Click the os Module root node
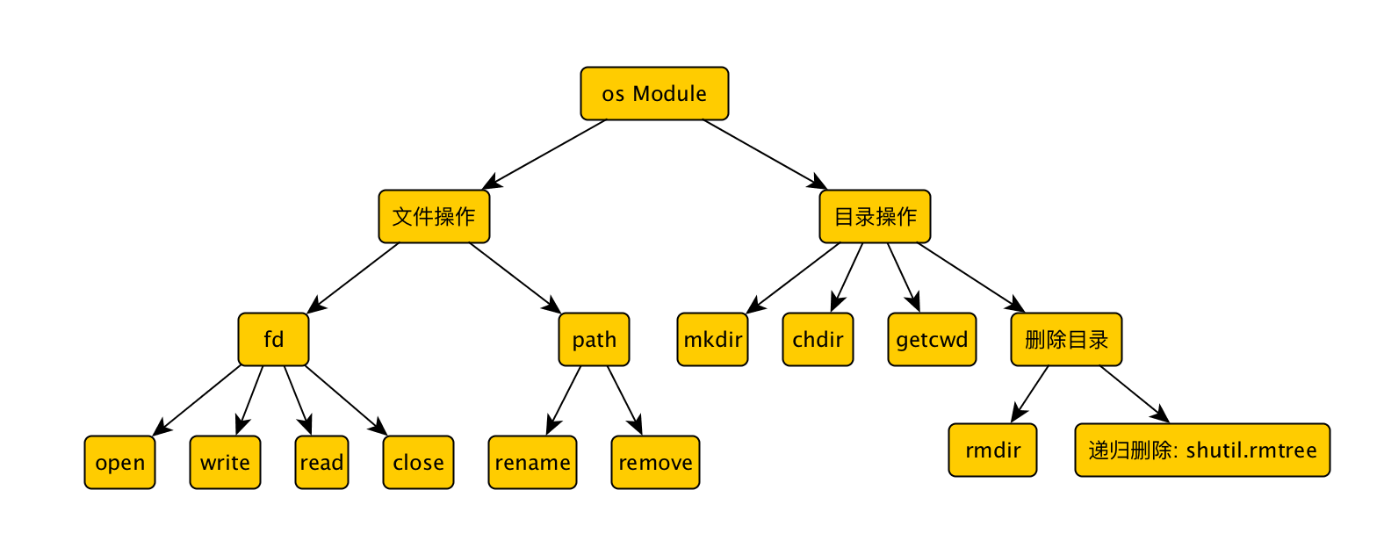(654, 93)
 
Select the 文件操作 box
(434, 216)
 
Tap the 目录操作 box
(875, 216)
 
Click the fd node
(273, 339)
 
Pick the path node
(594, 339)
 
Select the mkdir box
(712, 339)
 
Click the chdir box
(818, 339)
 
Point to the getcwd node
(932, 339)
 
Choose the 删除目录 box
(1066, 339)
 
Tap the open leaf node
(119, 462)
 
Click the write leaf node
(225, 462)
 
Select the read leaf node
(321, 462)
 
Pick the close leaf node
(418, 462)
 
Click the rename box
(532, 462)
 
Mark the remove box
(655, 462)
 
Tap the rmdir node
(992, 450)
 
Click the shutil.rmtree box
(1202, 450)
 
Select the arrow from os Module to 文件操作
(544, 154)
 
